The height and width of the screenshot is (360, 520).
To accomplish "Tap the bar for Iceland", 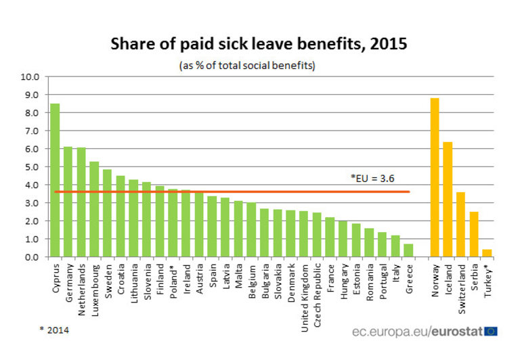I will click(x=448, y=199).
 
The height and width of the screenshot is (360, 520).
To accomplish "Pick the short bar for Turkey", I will click(x=487, y=253).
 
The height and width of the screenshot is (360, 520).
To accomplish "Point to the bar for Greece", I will click(x=408, y=250).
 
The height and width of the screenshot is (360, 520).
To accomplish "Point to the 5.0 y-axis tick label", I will click(x=32, y=166).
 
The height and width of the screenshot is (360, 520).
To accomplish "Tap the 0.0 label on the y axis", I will click(x=32, y=257).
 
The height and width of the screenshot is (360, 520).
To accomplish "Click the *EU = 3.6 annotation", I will click(x=372, y=179).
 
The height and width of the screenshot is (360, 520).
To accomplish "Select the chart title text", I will click(x=259, y=45).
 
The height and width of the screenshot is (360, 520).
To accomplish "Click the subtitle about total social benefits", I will click(x=248, y=66).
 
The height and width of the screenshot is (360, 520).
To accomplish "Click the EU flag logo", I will click(x=491, y=332).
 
